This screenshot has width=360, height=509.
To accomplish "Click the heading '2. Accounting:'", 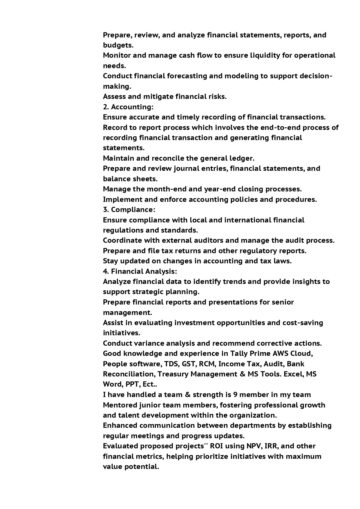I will point(128,107).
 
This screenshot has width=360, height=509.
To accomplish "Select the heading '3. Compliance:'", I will point(129,210).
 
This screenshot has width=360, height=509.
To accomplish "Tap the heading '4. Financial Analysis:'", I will point(140,271).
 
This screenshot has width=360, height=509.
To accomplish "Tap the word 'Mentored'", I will point(120,405).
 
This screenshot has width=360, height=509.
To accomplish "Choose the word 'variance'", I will point(149,343).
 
